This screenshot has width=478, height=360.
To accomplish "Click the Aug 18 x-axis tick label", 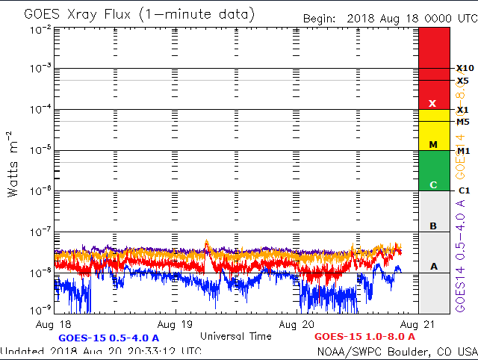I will pos(57,325).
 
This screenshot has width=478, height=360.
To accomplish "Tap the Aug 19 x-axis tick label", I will pos(177,325).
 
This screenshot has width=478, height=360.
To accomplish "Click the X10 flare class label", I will pos(465,68).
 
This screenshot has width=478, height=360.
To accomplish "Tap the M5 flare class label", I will pos(464,122).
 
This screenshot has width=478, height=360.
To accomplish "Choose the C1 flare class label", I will pos(464,190).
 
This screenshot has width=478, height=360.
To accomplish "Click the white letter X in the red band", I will pos(432,103).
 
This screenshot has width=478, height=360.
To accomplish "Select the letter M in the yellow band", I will pos(432,143).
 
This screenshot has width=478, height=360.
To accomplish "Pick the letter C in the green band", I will pos(432,184).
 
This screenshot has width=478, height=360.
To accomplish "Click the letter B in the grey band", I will pos(432,226).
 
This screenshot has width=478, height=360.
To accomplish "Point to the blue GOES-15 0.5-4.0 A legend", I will pos(108,338).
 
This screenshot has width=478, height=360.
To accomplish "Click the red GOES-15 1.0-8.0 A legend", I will pos(364,338).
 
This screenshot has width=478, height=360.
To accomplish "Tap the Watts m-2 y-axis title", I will pos(13,164).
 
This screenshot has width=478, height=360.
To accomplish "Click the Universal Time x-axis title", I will pos(236,336).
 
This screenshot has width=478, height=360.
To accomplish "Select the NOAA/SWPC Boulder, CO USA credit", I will pos(397,351).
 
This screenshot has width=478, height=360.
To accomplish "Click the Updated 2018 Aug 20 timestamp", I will pos(101,351).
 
